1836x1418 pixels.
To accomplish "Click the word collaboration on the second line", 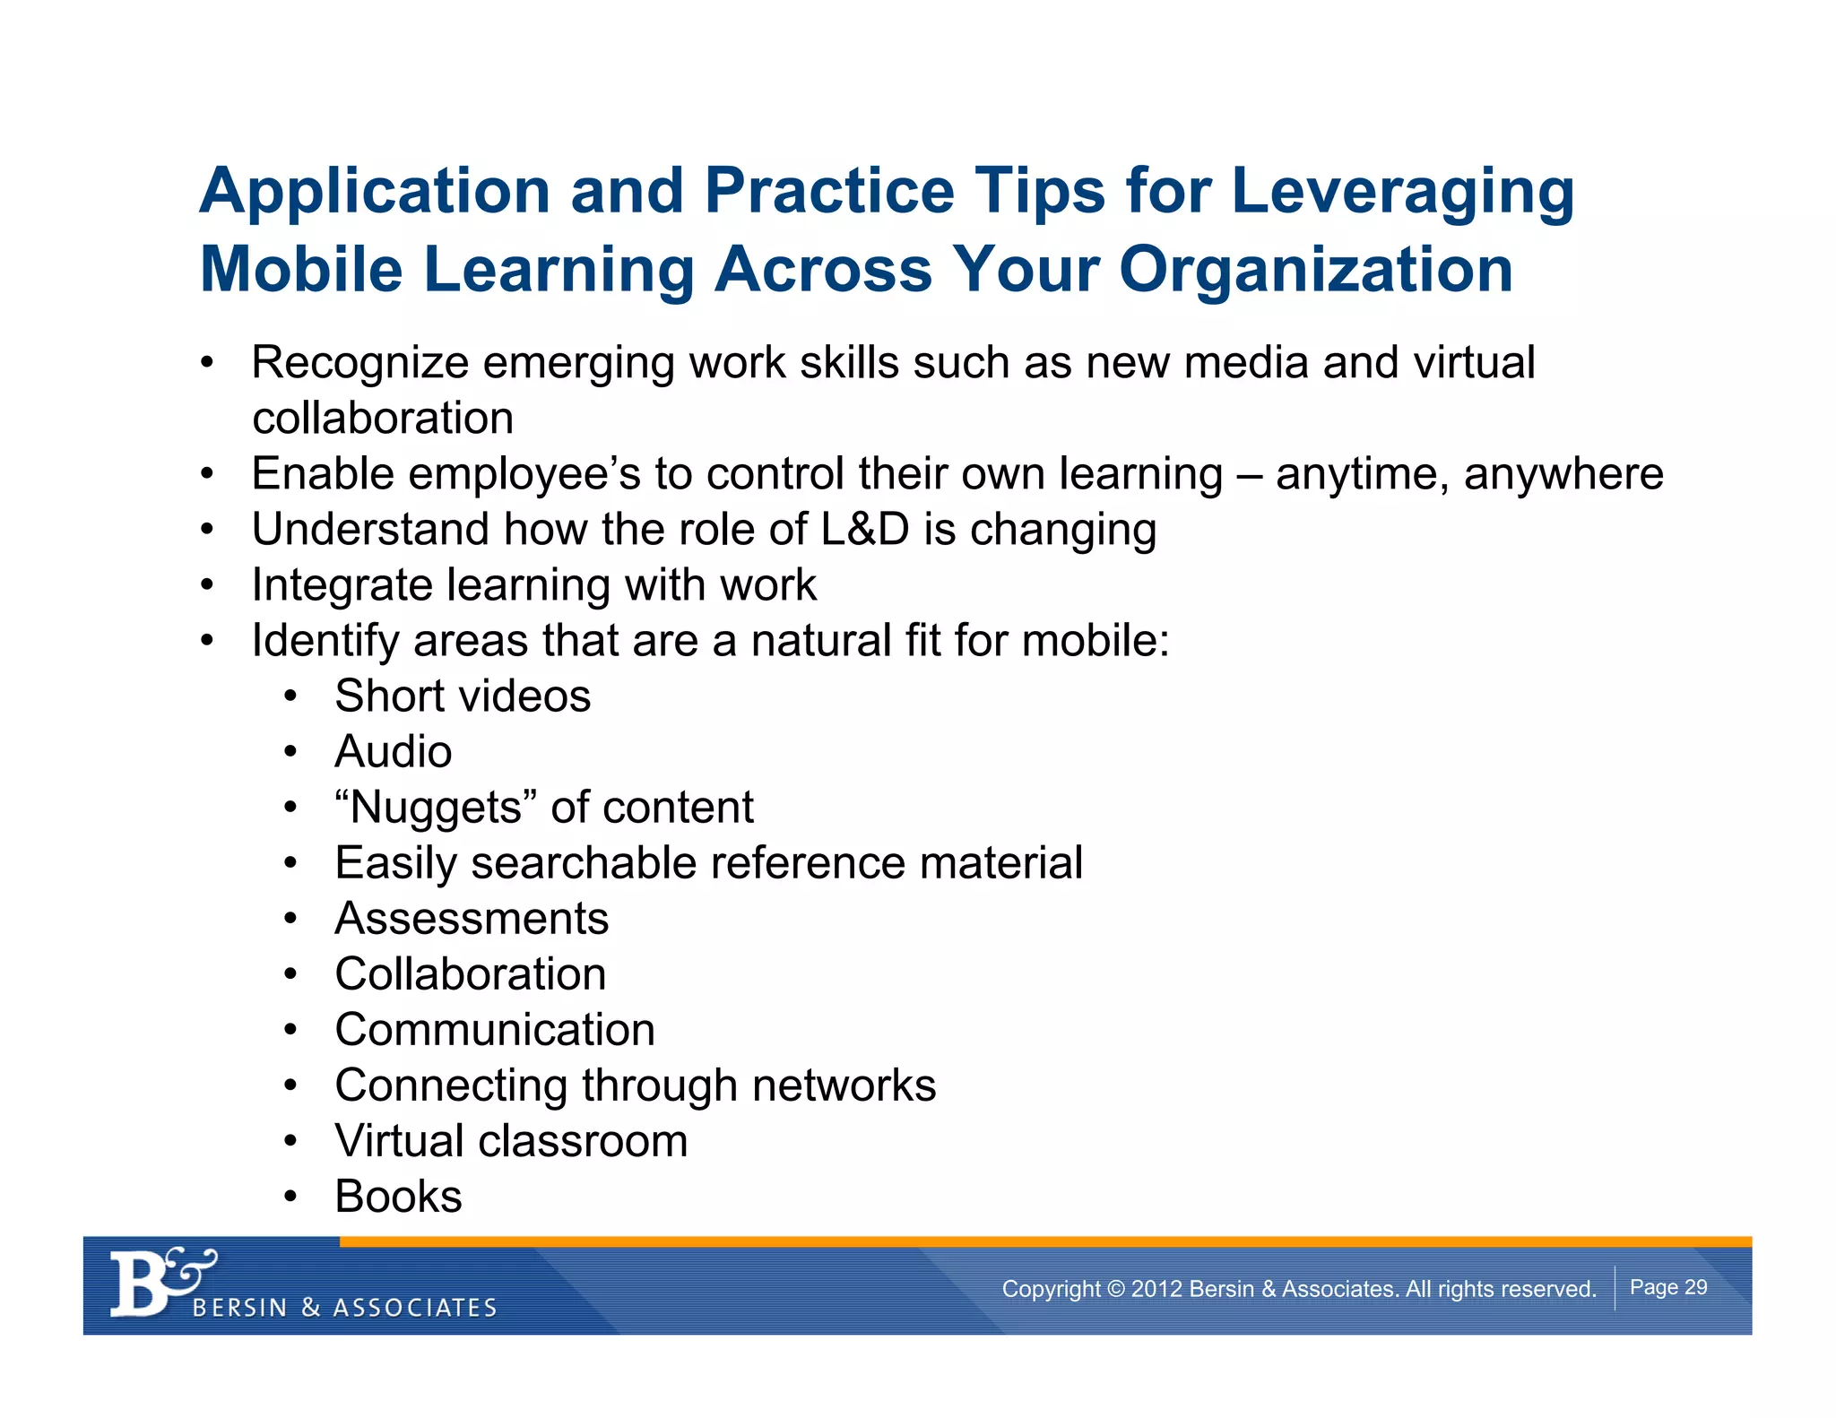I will (383, 419).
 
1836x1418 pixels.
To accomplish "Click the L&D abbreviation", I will (865, 529).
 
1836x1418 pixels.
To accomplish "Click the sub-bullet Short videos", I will (463, 696).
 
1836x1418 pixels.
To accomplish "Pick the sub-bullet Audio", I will (393, 752).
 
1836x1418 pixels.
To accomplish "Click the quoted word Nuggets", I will (436, 808).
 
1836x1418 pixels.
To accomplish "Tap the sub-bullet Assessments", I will (472, 919).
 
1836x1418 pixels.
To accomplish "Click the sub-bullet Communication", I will (495, 1030).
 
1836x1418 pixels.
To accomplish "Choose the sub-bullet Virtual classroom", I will (511, 1141).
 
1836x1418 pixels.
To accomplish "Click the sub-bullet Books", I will (398, 1197).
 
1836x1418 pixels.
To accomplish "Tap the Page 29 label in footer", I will (1667, 1287).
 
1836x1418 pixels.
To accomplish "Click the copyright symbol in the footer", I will (1115, 1289).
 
